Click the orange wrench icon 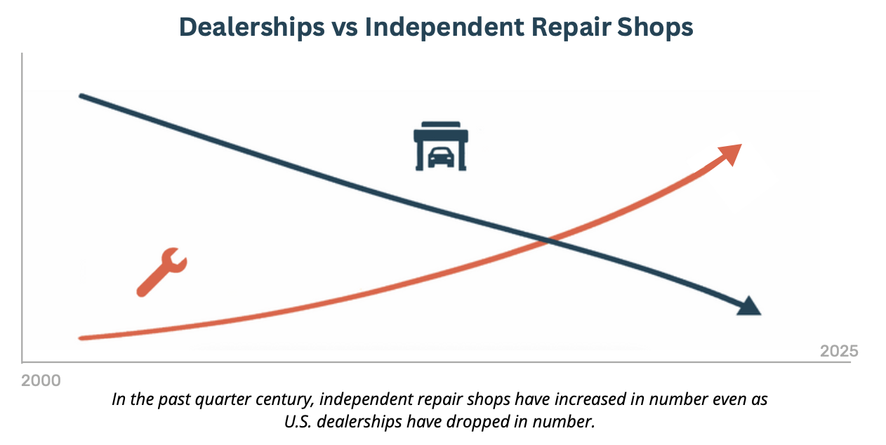[161, 272]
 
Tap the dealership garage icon [440, 146]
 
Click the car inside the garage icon [440, 157]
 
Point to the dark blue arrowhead [749, 307]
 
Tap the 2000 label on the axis [41, 381]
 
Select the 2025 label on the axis [839, 351]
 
